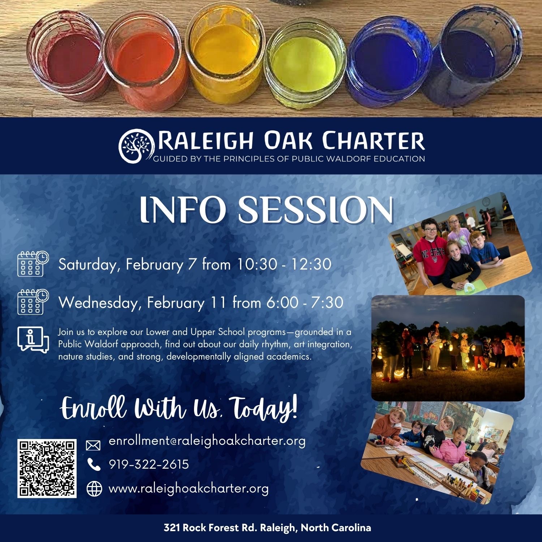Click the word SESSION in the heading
click(x=315, y=210)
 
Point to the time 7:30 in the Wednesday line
click(x=327, y=302)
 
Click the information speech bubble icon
click(x=33, y=340)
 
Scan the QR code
click(x=47, y=468)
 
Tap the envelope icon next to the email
click(x=93, y=445)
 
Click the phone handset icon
click(x=94, y=464)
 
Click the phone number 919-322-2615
click(x=149, y=464)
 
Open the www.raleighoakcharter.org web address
click(x=189, y=489)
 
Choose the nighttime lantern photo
click(x=448, y=348)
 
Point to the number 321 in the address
click(x=172, y=528)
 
